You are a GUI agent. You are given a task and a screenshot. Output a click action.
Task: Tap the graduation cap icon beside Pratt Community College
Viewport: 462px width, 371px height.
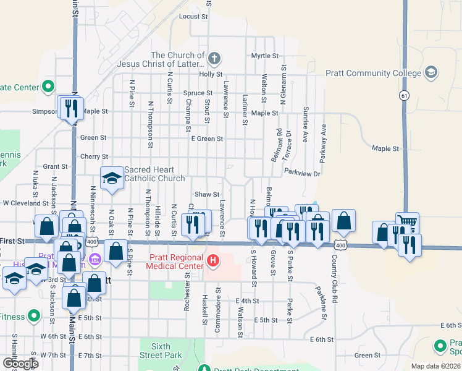click(431, 73)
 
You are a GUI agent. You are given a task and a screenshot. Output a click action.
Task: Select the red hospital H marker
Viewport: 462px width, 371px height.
click(212, 260)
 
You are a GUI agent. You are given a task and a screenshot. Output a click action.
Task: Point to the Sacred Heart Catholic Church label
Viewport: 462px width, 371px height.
click(154, 174)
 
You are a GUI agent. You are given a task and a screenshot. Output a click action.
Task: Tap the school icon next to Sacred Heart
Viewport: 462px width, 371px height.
click(112, 179)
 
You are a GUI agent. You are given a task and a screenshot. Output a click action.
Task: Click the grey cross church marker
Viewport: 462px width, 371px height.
click(214, 60)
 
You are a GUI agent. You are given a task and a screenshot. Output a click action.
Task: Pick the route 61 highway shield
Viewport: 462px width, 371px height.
click(404, 95)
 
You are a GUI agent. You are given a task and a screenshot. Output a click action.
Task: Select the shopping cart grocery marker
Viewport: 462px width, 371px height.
click(407, 223)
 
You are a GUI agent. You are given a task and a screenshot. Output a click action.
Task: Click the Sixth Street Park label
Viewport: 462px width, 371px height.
click(161, 351)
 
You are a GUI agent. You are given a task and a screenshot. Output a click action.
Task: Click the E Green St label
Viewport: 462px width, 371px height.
click(207, 139)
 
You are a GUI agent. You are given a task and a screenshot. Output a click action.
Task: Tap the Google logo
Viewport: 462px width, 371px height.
click(20, 364)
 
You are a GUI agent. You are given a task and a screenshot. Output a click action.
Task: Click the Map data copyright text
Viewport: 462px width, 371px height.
click(436, 366)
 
